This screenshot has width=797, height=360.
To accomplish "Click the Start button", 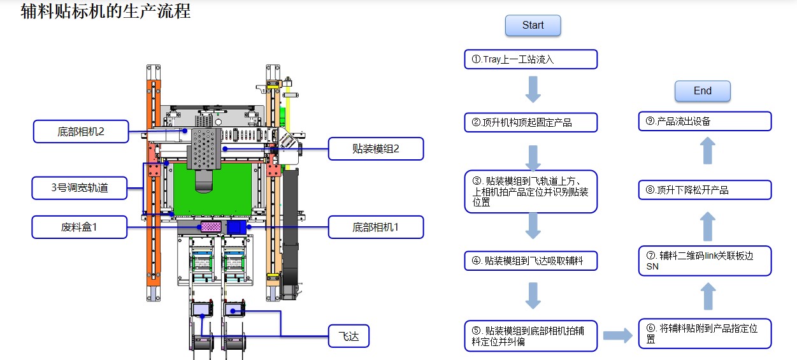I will (x=533, y=25).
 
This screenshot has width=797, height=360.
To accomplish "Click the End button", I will (x=702, y=91).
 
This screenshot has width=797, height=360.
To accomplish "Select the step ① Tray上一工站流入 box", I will (x=531, y=59).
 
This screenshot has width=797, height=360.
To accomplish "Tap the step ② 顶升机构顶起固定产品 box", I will (x=531, y=122).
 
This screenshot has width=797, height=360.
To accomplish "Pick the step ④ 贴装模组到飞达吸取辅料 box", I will (x=531, y=260).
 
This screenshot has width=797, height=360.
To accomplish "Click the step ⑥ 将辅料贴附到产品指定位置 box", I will (x=705, y=334).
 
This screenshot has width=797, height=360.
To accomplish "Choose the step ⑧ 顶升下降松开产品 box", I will (x=705, y=190).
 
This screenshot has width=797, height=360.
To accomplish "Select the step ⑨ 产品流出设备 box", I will (x=705, y=121).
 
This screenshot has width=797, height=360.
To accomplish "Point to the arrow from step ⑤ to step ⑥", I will (x=617, y=335).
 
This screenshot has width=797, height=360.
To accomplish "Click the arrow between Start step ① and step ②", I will (x=533, y=90).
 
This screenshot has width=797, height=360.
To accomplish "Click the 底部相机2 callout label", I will (x=80, y=132).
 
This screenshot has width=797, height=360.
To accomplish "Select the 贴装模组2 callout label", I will (x=375, y=149).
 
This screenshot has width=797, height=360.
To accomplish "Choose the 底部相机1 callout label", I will (x=375, y=227).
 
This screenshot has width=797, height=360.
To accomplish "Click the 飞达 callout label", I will (x=348, y=336).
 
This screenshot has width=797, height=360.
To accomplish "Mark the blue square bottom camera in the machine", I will (x=237, y=227).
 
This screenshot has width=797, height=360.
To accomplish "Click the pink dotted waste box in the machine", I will (x=210, y=227).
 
